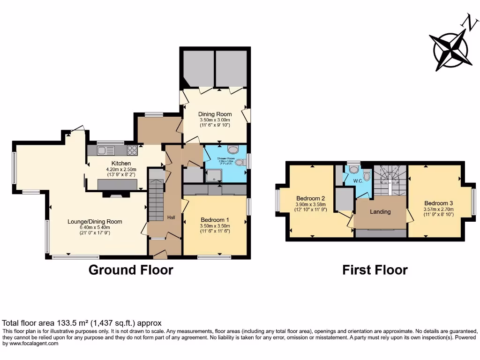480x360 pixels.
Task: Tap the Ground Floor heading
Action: (x=131, y=270)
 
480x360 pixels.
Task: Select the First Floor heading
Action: (x=375, y=270)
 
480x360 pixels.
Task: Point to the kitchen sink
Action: (x=106, y=150)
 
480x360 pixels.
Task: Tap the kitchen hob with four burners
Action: (x=132, y=150)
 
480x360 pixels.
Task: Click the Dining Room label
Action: (x=215, y=113)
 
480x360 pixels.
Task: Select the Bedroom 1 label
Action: (x=215, y=220)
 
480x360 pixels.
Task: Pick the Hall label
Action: (x=172, y=217)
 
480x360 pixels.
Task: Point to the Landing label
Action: (x=380, y=211)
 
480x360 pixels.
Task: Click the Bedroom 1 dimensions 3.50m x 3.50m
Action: (x=215, y=226)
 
